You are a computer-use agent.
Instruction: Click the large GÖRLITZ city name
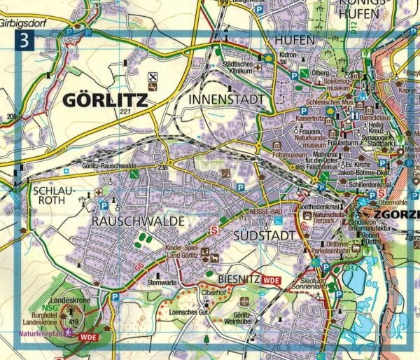[105, 100]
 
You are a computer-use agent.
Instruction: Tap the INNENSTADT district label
[227, 100]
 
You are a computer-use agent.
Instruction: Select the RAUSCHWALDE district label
[136, 221]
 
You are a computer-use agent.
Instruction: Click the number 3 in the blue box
[25, 40]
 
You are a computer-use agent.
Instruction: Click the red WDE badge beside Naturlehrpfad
[87, 336]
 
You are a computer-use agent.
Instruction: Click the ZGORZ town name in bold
[392, 214]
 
